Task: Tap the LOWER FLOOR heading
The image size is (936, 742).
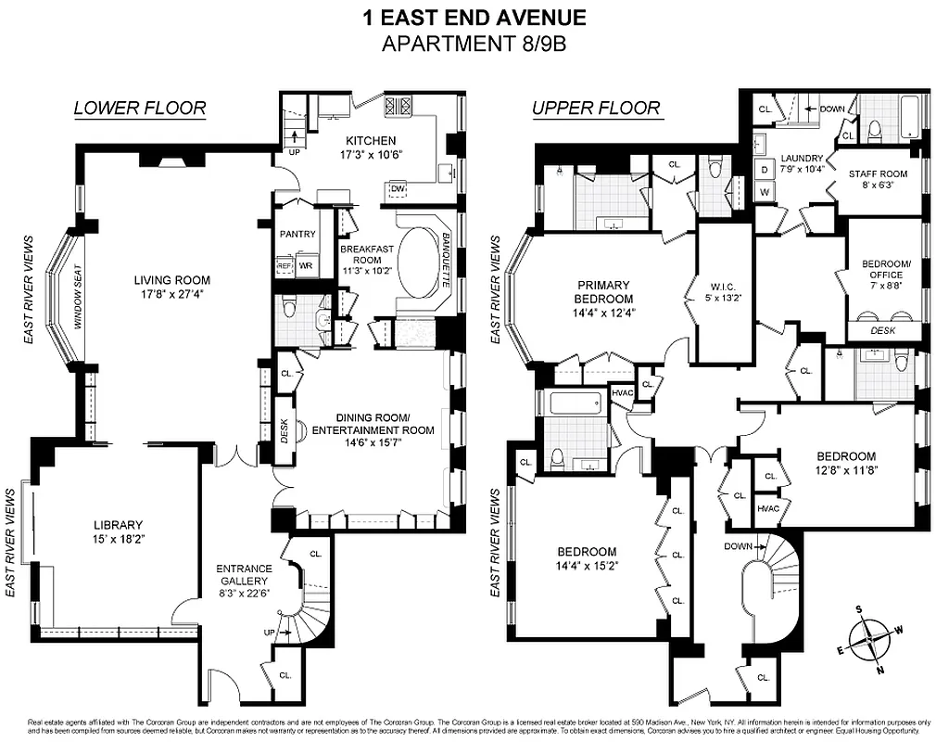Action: pos(140,109)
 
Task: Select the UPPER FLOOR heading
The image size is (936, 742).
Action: pos(596,109)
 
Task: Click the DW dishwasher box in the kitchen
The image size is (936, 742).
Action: pos(398,190)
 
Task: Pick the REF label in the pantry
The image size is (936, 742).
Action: pos(285,266)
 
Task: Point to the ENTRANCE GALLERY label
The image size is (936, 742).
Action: pos(244,575)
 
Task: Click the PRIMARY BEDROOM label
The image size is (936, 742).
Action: pos(603,292)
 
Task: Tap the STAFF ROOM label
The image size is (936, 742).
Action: pos(878,173)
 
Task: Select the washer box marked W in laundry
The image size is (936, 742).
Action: pos(765,192)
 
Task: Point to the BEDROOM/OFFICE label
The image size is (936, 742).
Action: pos(886,270)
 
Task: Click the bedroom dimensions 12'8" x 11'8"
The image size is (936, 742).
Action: pos(845,470)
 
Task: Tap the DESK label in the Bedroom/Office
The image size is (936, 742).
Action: pos(884,330)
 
